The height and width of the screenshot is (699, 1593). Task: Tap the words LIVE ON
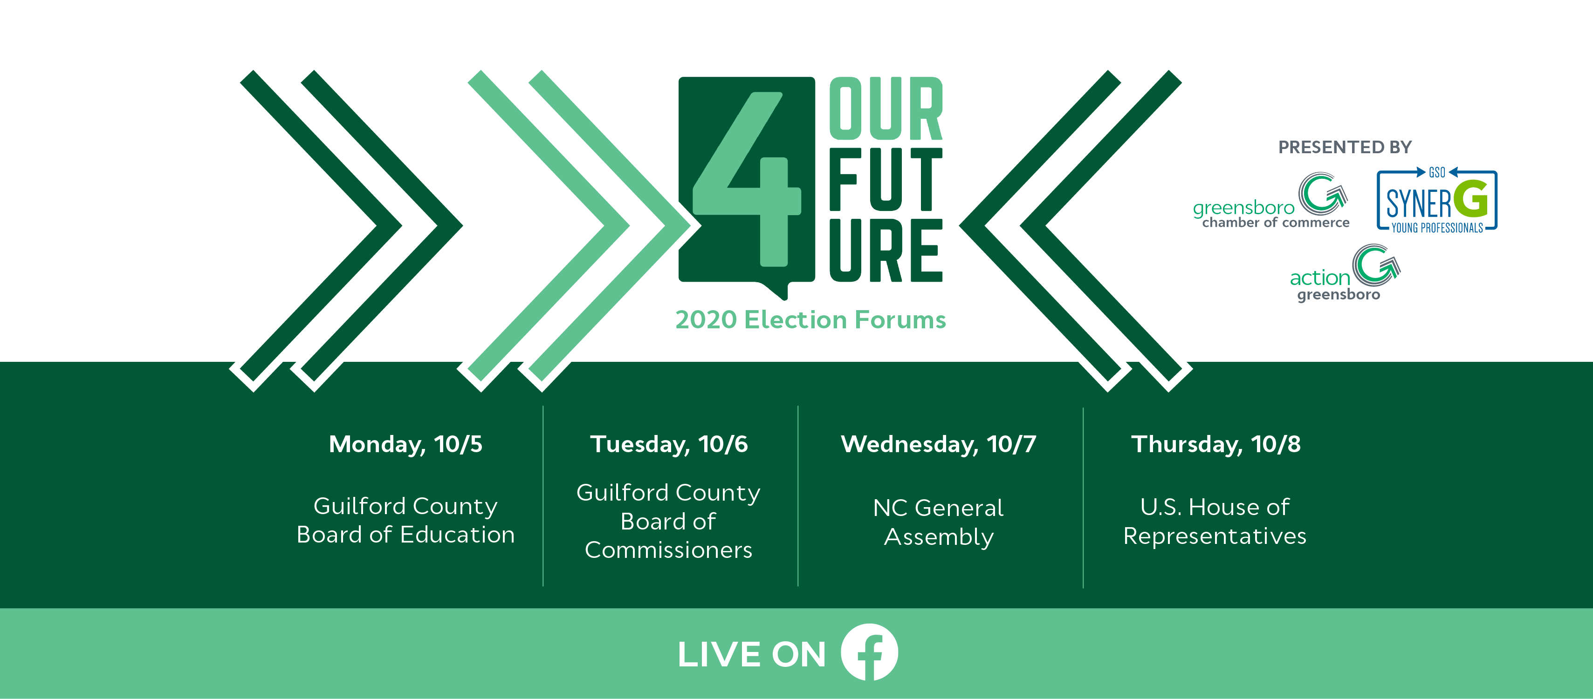[751, 654]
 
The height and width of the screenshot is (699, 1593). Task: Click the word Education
[458, 535]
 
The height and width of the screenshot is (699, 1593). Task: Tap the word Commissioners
[668, 550]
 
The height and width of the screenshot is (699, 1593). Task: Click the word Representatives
[1215, 536]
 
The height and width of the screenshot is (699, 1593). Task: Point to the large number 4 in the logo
[747, 179]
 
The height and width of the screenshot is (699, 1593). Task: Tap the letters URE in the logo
[886, 250]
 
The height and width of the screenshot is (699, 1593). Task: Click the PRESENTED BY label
[1345, 147]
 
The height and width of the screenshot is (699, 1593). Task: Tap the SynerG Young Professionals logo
[1436, 200]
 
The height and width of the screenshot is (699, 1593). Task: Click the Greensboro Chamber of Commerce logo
[1271, 202]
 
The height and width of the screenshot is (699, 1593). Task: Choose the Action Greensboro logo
[1345, 273]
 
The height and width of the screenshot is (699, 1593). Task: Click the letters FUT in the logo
[886, 179]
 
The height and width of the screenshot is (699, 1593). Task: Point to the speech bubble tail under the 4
[776, 291]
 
